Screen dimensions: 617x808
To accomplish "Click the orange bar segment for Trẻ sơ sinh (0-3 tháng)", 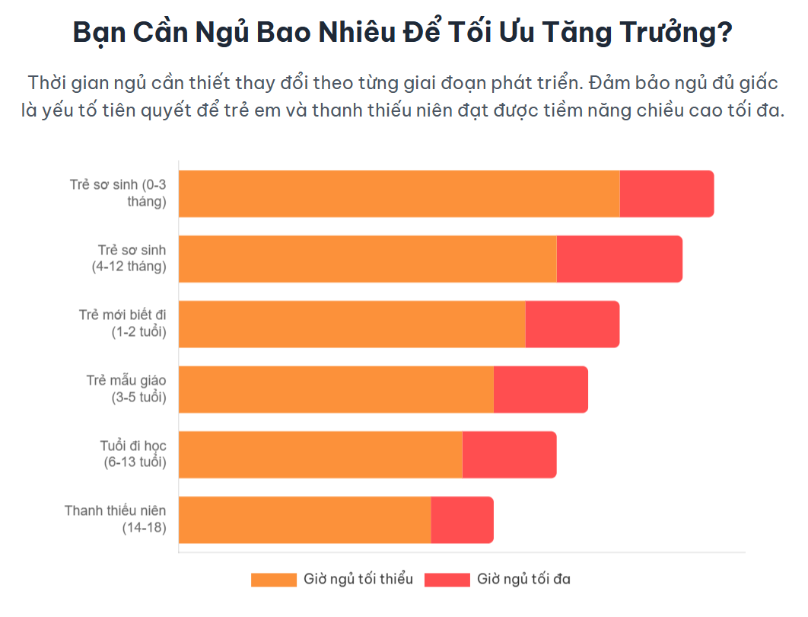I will [x=399, y=193].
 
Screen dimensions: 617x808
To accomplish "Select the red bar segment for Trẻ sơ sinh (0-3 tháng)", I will [x=666, y=193].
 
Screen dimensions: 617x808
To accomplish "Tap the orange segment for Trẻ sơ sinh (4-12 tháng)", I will [x=367, y=259].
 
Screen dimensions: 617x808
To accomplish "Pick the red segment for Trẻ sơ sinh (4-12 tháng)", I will [x=619, y=259].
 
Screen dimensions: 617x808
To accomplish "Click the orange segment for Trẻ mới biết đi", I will [x=352, y=324].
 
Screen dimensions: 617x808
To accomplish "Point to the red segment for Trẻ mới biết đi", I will [x=572, y=324].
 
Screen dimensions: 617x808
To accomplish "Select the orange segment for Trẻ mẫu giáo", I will [x=336, y=389].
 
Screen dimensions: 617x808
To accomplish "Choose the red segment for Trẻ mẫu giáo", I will [x=540, y=389].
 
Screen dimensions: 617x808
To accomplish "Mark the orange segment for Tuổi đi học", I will [x=320, y=455].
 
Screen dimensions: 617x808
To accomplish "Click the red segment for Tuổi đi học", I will [x=509, y=455].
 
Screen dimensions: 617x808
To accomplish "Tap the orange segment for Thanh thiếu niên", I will [x=304, y=519].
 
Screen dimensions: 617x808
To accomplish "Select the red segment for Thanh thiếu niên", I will [x=462, y=519].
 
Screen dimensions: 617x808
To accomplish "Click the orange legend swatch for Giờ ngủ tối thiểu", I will [x=273, y=580].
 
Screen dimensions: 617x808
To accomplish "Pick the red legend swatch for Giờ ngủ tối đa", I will [x=447, y=580].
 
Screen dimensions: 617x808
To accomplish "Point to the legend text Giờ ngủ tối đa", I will [x=523, y=579].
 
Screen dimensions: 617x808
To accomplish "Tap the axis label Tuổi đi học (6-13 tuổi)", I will [x=133, y=454].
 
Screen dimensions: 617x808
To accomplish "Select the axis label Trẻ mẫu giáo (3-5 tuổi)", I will [x=126, y=388].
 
